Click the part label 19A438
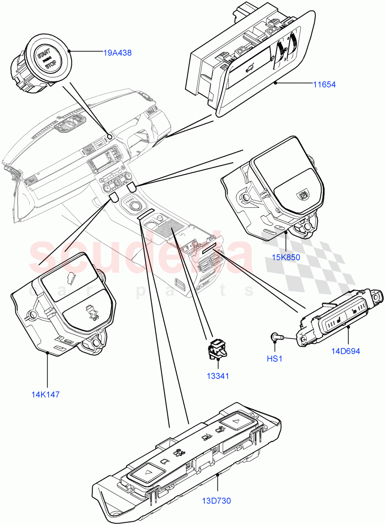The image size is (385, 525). point(117,53)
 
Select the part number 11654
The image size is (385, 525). point(324,84)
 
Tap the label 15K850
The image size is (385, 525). point(286,257)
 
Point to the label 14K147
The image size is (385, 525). point(45,394)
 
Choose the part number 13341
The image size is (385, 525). point(218,376)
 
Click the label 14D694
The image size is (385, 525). point(346,351)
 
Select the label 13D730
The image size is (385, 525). point(216,500)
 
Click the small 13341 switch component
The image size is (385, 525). point(218,349)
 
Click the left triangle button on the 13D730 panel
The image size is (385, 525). point(146,472)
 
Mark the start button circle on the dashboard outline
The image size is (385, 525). point(110,136)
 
